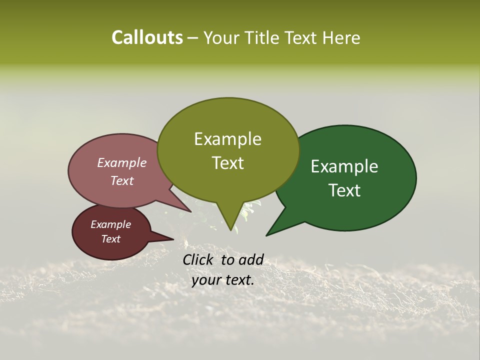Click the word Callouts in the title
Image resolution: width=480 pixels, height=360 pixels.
[x=147, y=37]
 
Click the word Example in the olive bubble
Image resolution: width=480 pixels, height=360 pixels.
[x=227, y=139]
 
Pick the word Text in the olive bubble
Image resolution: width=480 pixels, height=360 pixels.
[x=227, y=163]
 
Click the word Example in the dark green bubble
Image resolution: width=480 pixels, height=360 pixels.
[x=344, y=166]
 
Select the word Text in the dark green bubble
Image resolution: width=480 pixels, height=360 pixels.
[x=345, y=190]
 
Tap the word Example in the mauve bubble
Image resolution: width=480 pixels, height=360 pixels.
[x=121, y=163]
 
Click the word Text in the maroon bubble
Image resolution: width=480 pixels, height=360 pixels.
[x=111, y=239]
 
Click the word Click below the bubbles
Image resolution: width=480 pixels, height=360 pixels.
[x=197, y=259]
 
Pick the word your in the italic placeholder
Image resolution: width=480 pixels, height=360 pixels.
[x=206, y=280]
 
